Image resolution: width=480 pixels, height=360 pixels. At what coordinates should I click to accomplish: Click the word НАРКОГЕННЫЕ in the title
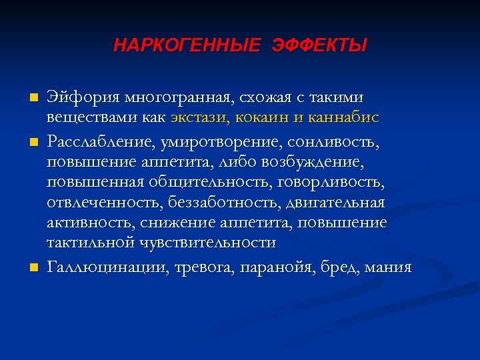(187, 46)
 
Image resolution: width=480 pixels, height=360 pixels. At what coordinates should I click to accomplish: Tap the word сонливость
(351, 141)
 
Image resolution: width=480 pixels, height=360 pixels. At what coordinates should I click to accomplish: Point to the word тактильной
(90, 243)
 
